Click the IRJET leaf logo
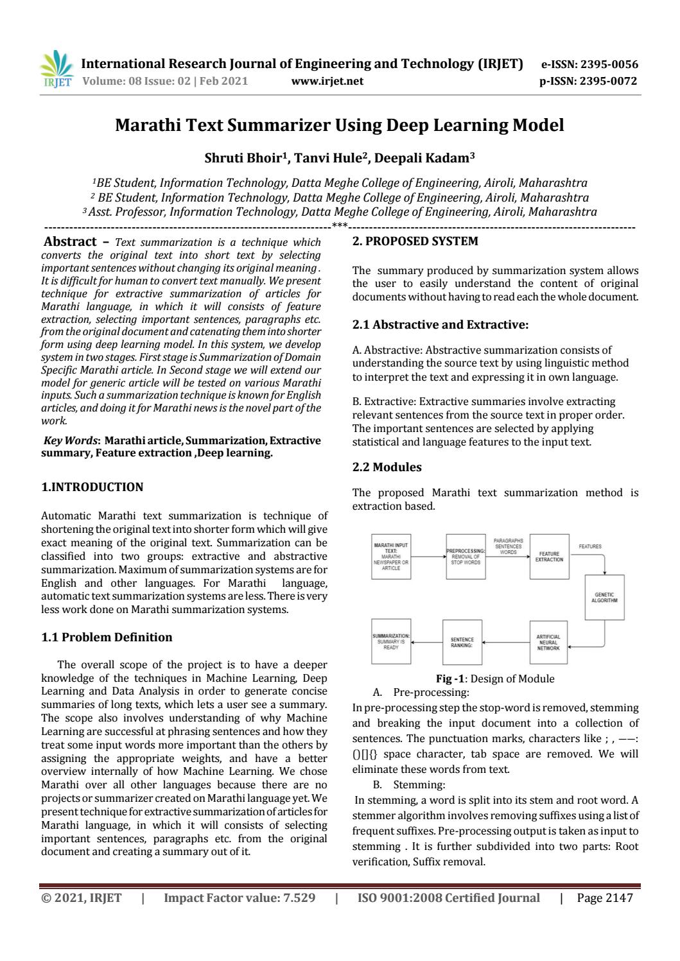pos(57,69)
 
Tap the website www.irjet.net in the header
pos(327,81)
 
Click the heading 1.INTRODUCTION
pos(92,487)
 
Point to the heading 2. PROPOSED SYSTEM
pos(415,241)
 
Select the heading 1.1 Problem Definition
pos(107,637)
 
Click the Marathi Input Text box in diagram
pos(391,556)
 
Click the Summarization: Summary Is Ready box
pos(391,641)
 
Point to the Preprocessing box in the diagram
pos(466,557)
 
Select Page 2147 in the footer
pos(604,898)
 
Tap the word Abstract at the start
pos(69,242)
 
